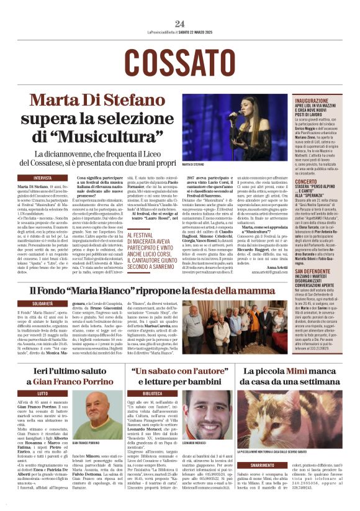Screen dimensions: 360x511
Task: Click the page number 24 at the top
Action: tap(180, 24)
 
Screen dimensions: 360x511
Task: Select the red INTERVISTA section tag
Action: tap(43, 177)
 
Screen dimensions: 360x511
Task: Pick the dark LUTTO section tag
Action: tap(43, 393)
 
